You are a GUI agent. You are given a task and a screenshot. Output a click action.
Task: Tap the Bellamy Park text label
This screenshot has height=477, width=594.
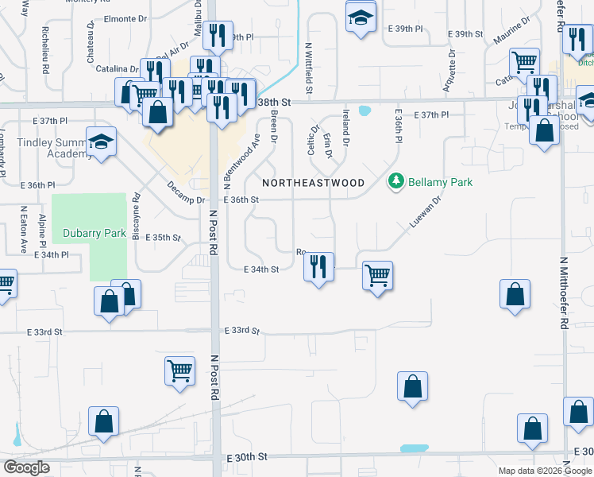click(441, 182)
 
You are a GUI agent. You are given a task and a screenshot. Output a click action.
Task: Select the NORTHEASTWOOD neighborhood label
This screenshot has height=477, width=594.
click(313, 183)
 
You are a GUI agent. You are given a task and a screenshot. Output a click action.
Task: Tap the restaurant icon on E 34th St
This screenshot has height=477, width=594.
click(318, 267)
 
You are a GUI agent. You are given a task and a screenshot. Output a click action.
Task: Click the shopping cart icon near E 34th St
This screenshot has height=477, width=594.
click(378, 276)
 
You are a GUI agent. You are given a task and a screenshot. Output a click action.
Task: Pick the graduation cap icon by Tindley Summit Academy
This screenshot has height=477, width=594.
click(101, 142)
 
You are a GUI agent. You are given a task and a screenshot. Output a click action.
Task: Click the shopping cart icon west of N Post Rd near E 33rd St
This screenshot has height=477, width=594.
click(180, 370)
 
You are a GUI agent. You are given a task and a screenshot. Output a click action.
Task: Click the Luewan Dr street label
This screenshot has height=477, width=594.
click(424, 213)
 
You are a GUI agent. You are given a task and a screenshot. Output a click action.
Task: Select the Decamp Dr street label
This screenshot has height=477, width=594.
click(187, 195)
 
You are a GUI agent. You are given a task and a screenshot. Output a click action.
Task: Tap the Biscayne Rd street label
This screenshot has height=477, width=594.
click(137, 216)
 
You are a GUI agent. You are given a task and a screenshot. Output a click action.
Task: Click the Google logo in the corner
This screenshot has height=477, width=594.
click(27, 467)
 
